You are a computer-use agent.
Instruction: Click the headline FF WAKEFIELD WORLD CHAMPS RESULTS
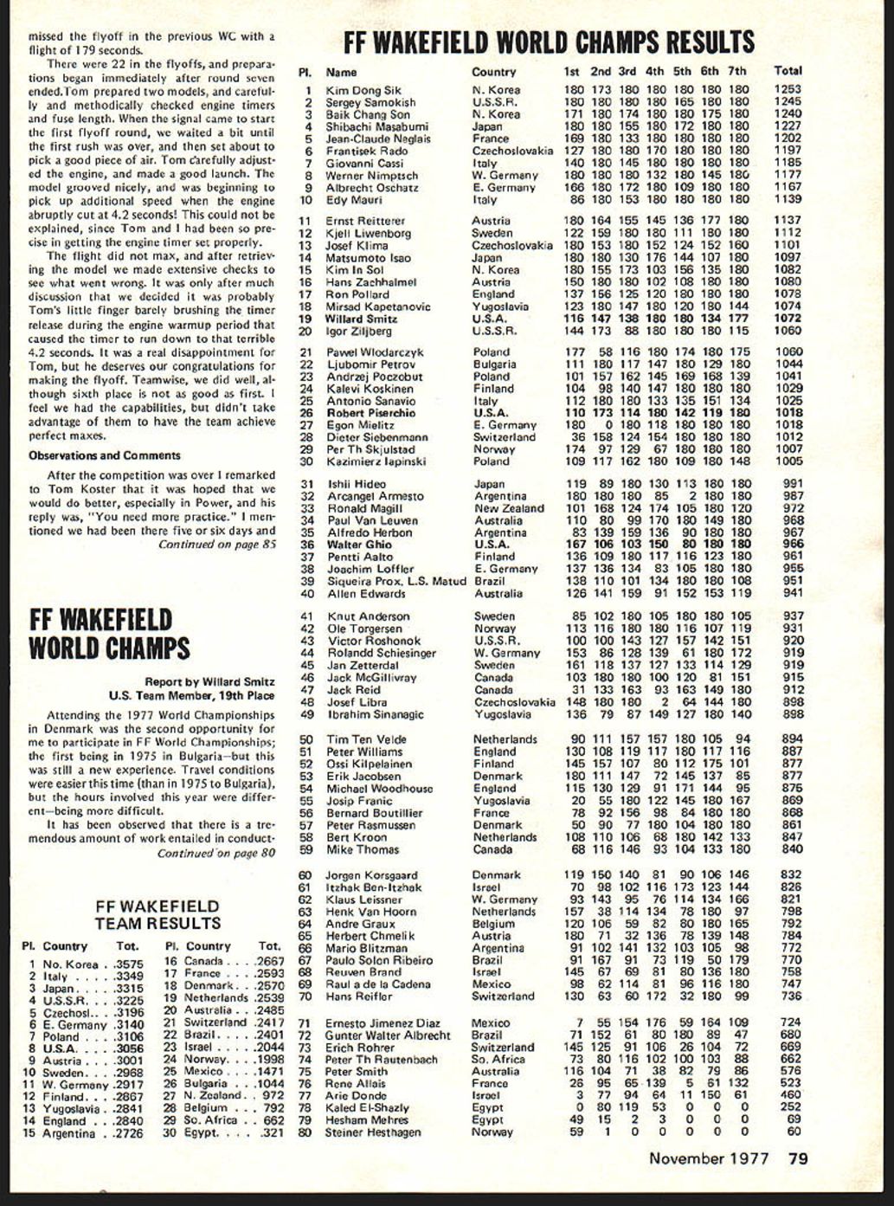[549, 42]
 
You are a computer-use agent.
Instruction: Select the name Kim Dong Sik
[363, 90]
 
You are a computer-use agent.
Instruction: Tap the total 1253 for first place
[788, 89]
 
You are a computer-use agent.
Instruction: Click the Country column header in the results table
[493, 72]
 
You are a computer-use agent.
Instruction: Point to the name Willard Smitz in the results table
[361, 319]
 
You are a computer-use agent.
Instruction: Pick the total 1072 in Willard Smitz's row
[788, 319]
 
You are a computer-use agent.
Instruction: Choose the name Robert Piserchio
[370, 413]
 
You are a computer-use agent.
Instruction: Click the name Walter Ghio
[358, 545]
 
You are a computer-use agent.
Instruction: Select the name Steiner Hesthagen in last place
[373, 1132]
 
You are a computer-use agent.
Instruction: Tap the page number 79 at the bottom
[798, 1158]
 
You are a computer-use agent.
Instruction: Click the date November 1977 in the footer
[709, 1158]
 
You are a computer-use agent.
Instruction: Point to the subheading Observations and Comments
[104, 455]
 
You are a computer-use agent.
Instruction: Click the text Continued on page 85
[216, 545]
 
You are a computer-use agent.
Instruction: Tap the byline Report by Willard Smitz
[209, 682]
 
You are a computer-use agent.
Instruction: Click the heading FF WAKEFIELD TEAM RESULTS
[157, 915]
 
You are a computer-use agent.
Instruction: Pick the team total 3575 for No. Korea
[129, 964]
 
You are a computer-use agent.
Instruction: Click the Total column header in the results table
[788, 71]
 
